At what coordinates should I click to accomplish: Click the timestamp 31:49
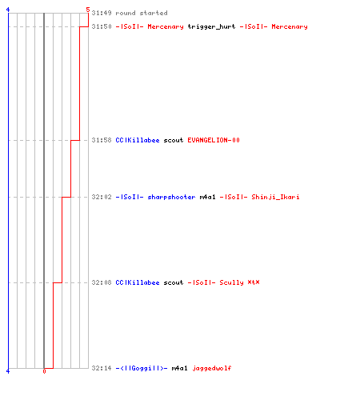[102, 13]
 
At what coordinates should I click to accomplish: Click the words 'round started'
[142, 13]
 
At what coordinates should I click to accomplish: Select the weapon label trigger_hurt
[211, 26]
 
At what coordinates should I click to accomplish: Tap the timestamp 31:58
[102, 140]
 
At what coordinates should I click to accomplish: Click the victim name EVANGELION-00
[214, 140]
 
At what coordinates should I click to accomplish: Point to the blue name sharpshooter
[171, 197]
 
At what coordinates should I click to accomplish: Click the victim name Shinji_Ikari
[275, 197]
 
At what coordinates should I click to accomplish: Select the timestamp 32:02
[102, 197]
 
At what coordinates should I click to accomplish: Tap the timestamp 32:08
[102, 282]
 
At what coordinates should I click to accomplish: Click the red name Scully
[231, 282]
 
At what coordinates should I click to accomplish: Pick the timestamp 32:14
[102, 368]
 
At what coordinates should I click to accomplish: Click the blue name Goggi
[142, 368]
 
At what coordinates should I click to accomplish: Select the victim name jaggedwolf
[212, 368]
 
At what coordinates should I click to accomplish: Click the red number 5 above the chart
[88, 10]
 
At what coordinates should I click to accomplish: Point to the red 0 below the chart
[44, 371]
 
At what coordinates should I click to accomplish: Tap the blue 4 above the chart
[8, 10]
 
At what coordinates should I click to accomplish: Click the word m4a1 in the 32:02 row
[207, 197]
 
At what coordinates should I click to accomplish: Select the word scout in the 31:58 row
[174, 140]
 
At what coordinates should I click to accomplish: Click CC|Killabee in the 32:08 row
[138, 282]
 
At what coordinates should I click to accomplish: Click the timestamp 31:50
[102, 26]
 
